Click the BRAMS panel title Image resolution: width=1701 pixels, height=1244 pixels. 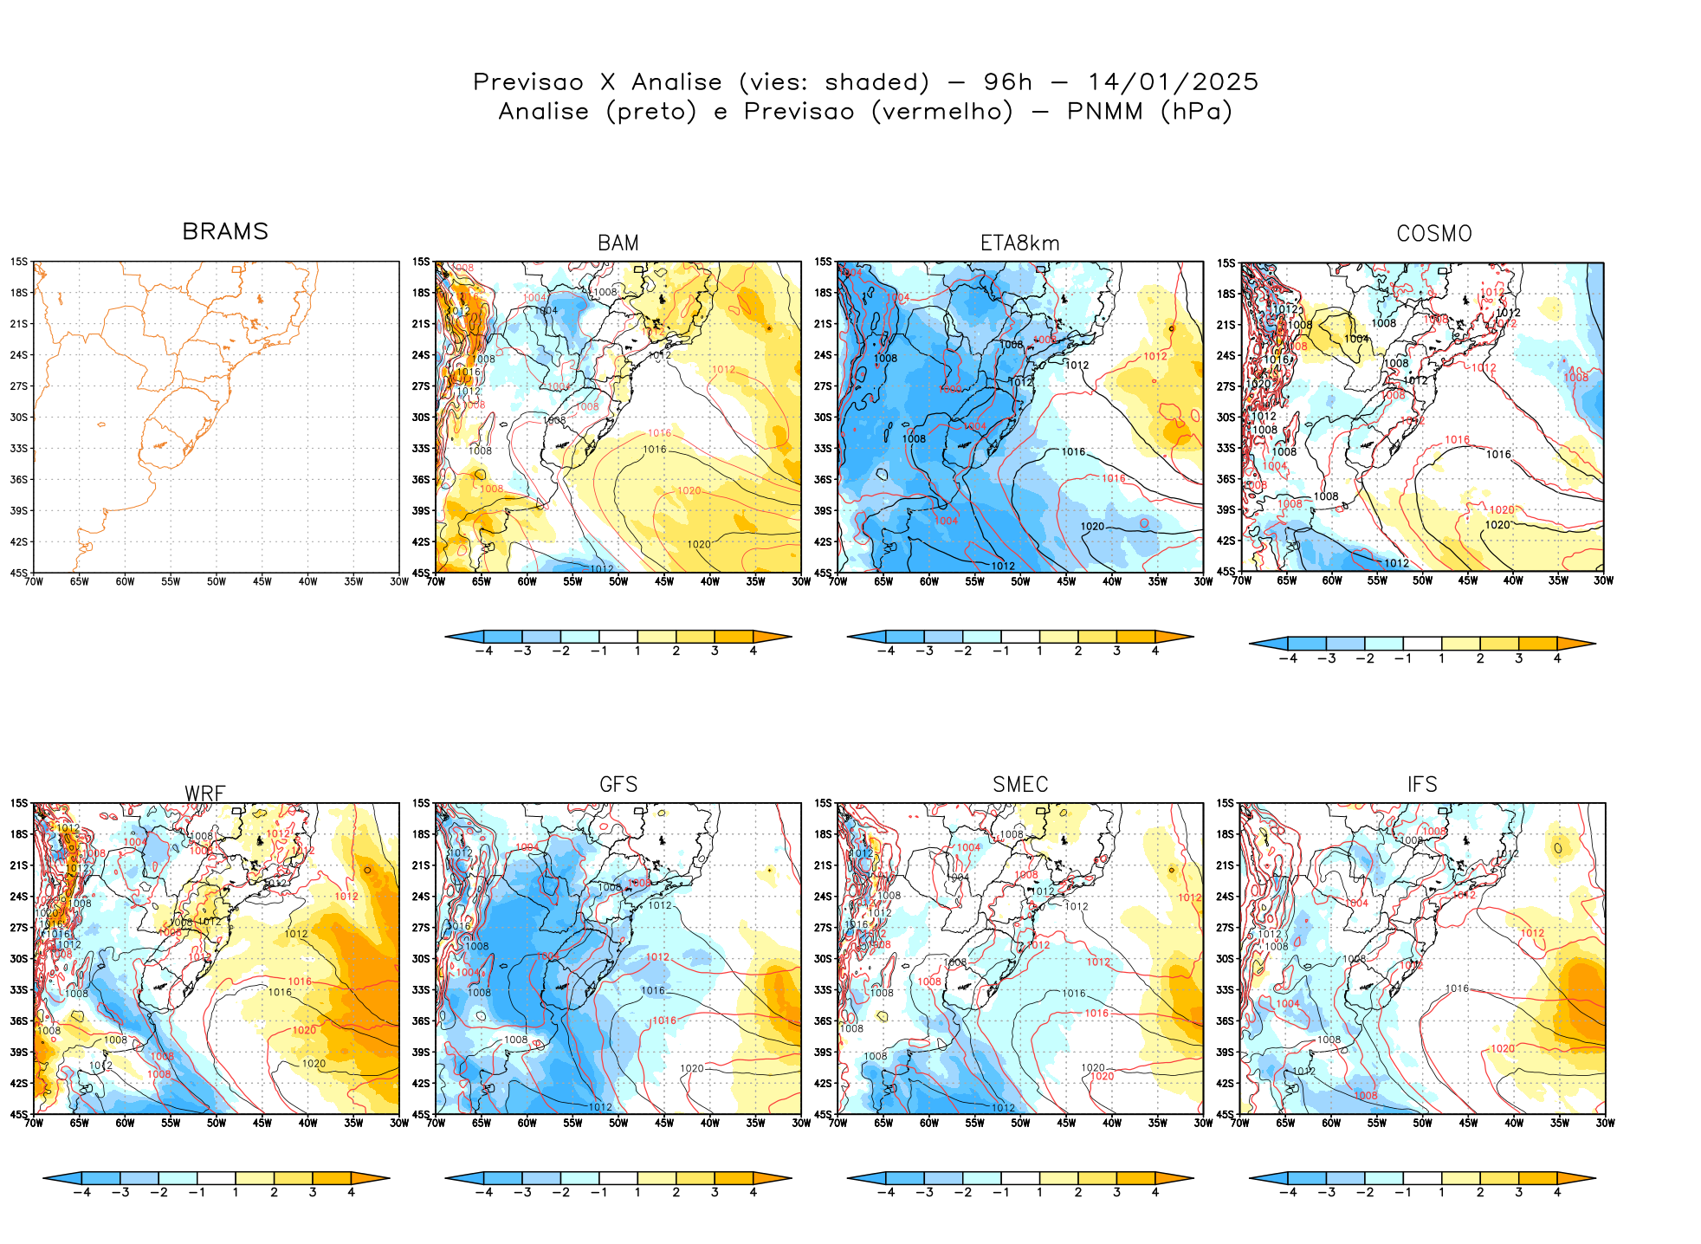tap(225, 232)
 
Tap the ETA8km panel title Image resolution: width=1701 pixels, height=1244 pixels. tap(1019, 243)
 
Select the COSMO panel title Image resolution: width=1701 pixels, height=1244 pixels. tap(1433, 234)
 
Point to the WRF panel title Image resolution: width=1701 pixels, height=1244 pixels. tap(204, 794)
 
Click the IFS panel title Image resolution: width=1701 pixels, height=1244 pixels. tap(1422, 785)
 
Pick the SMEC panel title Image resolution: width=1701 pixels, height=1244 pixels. tap(1019, 785)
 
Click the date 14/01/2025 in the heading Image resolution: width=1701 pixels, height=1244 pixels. tap(1173, 82)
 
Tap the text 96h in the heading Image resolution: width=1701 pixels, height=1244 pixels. tap(1007, 82)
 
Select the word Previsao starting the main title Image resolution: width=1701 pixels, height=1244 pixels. tap(528, 82)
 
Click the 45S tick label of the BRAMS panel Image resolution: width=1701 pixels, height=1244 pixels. tap(19, 573)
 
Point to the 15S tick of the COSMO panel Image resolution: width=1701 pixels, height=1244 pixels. tap(1226, 263)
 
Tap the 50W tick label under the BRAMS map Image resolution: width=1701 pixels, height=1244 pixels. tap(216, 582)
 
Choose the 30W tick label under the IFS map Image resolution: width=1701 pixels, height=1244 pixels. tap(1605, 1124)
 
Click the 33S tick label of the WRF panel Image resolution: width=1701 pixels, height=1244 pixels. tap(19, 990)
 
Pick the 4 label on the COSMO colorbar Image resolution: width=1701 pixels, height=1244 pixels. tap(1557, 659)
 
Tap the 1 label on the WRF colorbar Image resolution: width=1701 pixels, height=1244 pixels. tap(236, 1193)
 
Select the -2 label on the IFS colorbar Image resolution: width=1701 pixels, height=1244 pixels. tap(1364, 1193)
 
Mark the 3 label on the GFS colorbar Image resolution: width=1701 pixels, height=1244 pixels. tap(715, 1193)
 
